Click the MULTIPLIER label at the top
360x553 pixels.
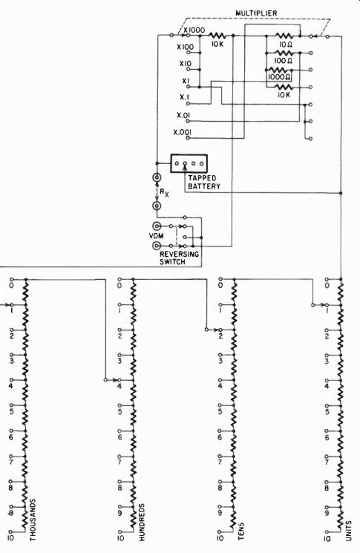pos(256,13)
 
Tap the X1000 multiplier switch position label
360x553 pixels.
pos(194,30)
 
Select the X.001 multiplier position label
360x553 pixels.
pos(183,132)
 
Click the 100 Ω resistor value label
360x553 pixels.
pos(283,61)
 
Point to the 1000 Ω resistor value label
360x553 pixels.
pos(279,77)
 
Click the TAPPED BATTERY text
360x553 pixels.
pos(204,182)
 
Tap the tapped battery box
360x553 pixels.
pos(189,163)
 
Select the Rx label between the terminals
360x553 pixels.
pos(164,192)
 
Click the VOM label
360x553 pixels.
pos(156,235)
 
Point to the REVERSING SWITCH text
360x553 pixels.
pos(179,258)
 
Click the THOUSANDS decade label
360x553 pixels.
pos(33,520)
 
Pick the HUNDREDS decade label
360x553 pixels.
pos(141,523)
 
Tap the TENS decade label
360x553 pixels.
pos(241,531)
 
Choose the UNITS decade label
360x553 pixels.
pos(348,531)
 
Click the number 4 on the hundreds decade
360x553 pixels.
pos(120,386)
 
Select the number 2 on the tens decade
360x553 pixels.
pos(220,336)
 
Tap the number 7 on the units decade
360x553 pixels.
pos(327,462)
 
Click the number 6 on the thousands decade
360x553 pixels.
pos(11,437)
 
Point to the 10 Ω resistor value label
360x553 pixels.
pos(284,45)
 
